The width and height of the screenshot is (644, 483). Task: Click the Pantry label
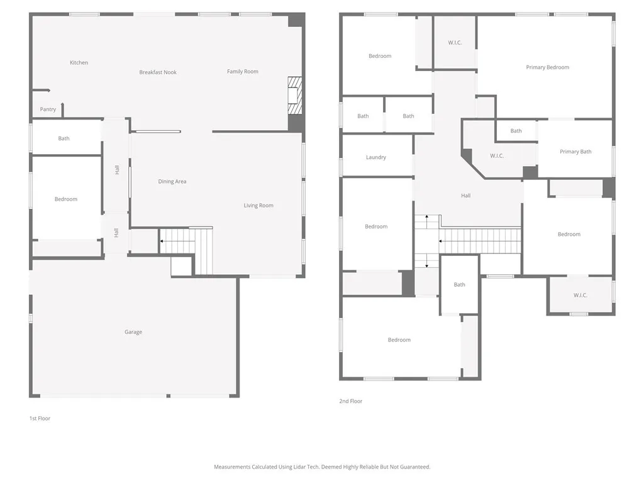tap(48, 109)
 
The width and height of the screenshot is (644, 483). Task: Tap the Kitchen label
tap(79, 62)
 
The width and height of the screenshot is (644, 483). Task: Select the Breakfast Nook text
tap(158, 72)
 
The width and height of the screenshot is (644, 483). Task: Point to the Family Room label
tap(243, 72)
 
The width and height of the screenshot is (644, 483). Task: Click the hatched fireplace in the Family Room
tap(294, 96)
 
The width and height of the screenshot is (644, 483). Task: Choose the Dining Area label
tap(172, 182)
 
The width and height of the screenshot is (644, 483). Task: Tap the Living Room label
tap(258, 206)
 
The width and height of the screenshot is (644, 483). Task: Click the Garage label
tap(133, 332)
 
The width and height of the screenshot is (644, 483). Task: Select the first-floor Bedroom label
tap(65, 199)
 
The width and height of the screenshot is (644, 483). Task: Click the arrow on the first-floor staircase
tap(165, 241)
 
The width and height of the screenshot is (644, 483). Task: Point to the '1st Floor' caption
tap(40, 418)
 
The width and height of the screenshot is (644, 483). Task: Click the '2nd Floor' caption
tap(351, 401)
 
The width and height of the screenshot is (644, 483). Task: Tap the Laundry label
tap(376, 157)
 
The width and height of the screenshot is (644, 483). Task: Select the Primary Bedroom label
tap(548, 67)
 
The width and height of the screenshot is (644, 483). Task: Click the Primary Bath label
tap(575, 152)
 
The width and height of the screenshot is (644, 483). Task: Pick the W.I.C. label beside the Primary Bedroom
tap(455, 43)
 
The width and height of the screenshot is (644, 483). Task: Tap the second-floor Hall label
tap(465, 196)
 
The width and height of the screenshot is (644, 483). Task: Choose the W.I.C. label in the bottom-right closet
tap(580, 296)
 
